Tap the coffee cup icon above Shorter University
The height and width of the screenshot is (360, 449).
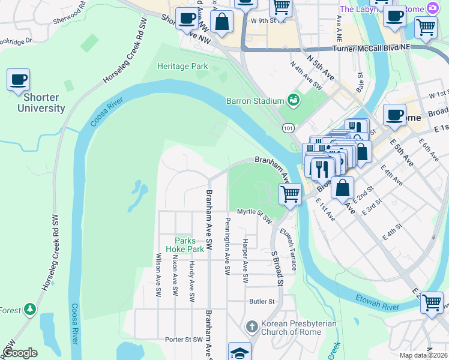(18, 80)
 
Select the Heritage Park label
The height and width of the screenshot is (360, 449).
(182, 66)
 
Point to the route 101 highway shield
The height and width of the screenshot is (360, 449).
(288, 127)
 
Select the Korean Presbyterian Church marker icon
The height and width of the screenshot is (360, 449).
(252, 326)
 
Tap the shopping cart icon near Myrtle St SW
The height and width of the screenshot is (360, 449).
(290, 194)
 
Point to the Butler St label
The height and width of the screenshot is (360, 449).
(261, 301)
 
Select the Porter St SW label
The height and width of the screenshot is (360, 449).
(184, 340)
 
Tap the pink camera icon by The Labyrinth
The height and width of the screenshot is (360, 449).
(432, 8)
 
